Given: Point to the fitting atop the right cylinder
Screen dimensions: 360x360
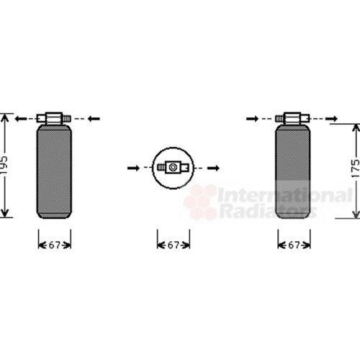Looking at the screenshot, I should coord(293,118).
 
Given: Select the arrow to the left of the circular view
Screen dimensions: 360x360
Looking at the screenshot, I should coord(134,168).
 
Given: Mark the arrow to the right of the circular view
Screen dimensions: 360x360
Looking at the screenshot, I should coord(213,168).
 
